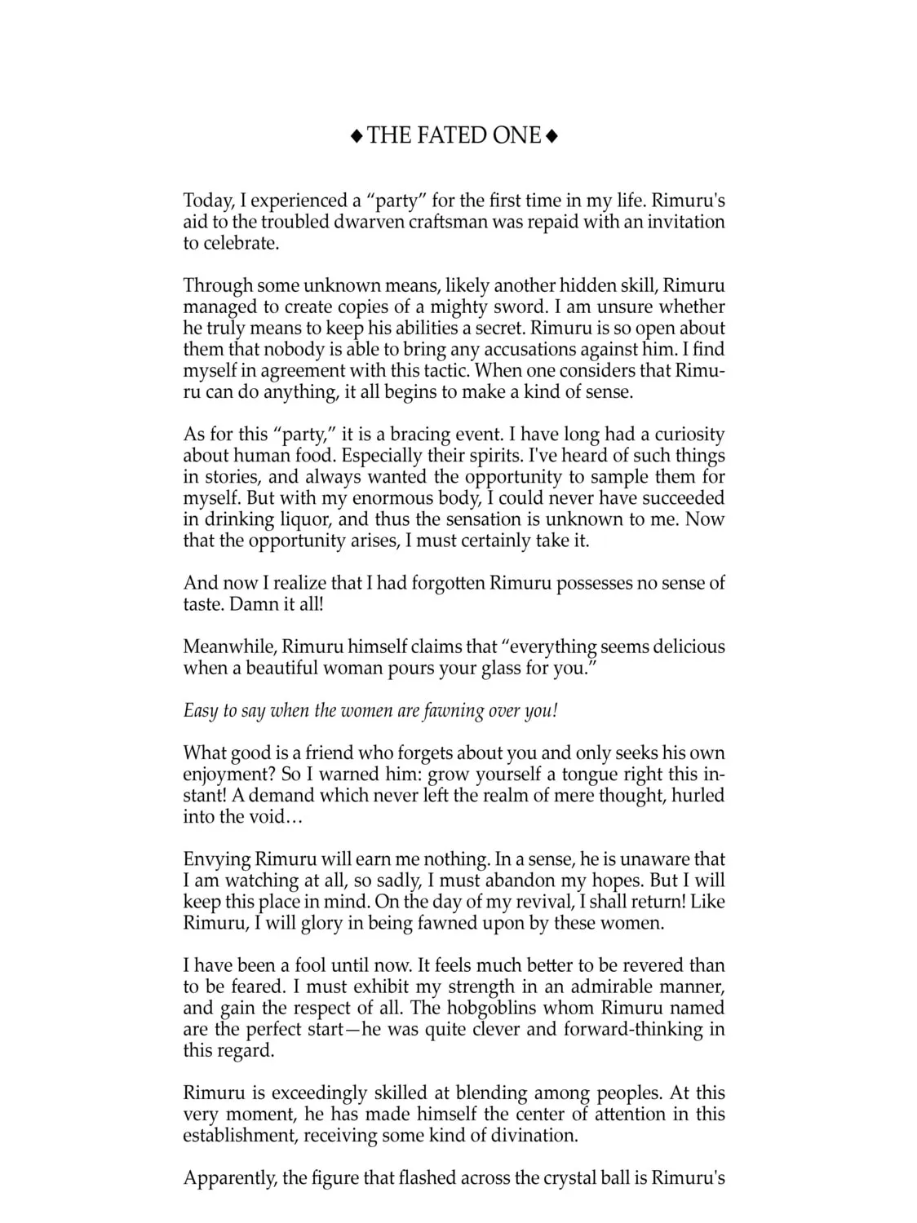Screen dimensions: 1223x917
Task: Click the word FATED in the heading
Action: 448,135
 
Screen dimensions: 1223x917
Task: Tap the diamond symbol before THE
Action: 357,136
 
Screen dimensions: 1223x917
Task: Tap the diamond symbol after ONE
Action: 552,136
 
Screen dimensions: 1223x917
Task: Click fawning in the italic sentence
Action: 453,711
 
